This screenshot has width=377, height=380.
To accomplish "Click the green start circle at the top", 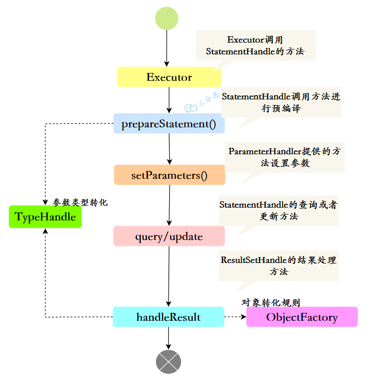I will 167,18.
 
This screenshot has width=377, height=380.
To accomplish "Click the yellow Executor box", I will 169,77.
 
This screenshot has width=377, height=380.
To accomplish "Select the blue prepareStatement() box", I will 169,124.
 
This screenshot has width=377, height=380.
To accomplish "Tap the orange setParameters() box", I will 169,175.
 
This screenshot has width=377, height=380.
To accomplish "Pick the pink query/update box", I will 169,236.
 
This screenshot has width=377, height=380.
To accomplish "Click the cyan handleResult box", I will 169,317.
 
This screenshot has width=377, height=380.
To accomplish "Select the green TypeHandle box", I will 45,217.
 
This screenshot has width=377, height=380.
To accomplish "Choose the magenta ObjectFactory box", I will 302,317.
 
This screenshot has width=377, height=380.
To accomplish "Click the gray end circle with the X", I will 169,362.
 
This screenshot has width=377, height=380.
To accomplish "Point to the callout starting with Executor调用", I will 255,46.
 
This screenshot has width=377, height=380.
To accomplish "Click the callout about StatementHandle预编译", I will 281,102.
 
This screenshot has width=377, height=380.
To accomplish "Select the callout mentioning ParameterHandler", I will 285,157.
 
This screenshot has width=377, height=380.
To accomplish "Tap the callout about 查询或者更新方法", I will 278,210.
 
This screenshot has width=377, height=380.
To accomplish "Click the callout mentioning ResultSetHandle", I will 278,265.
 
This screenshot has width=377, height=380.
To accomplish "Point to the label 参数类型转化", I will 80,202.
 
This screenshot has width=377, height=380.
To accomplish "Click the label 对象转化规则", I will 271,303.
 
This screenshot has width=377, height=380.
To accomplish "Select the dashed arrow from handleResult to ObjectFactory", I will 235,317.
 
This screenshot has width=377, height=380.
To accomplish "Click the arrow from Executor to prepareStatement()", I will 169,100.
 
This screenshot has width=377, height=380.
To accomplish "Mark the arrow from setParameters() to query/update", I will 169,205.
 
